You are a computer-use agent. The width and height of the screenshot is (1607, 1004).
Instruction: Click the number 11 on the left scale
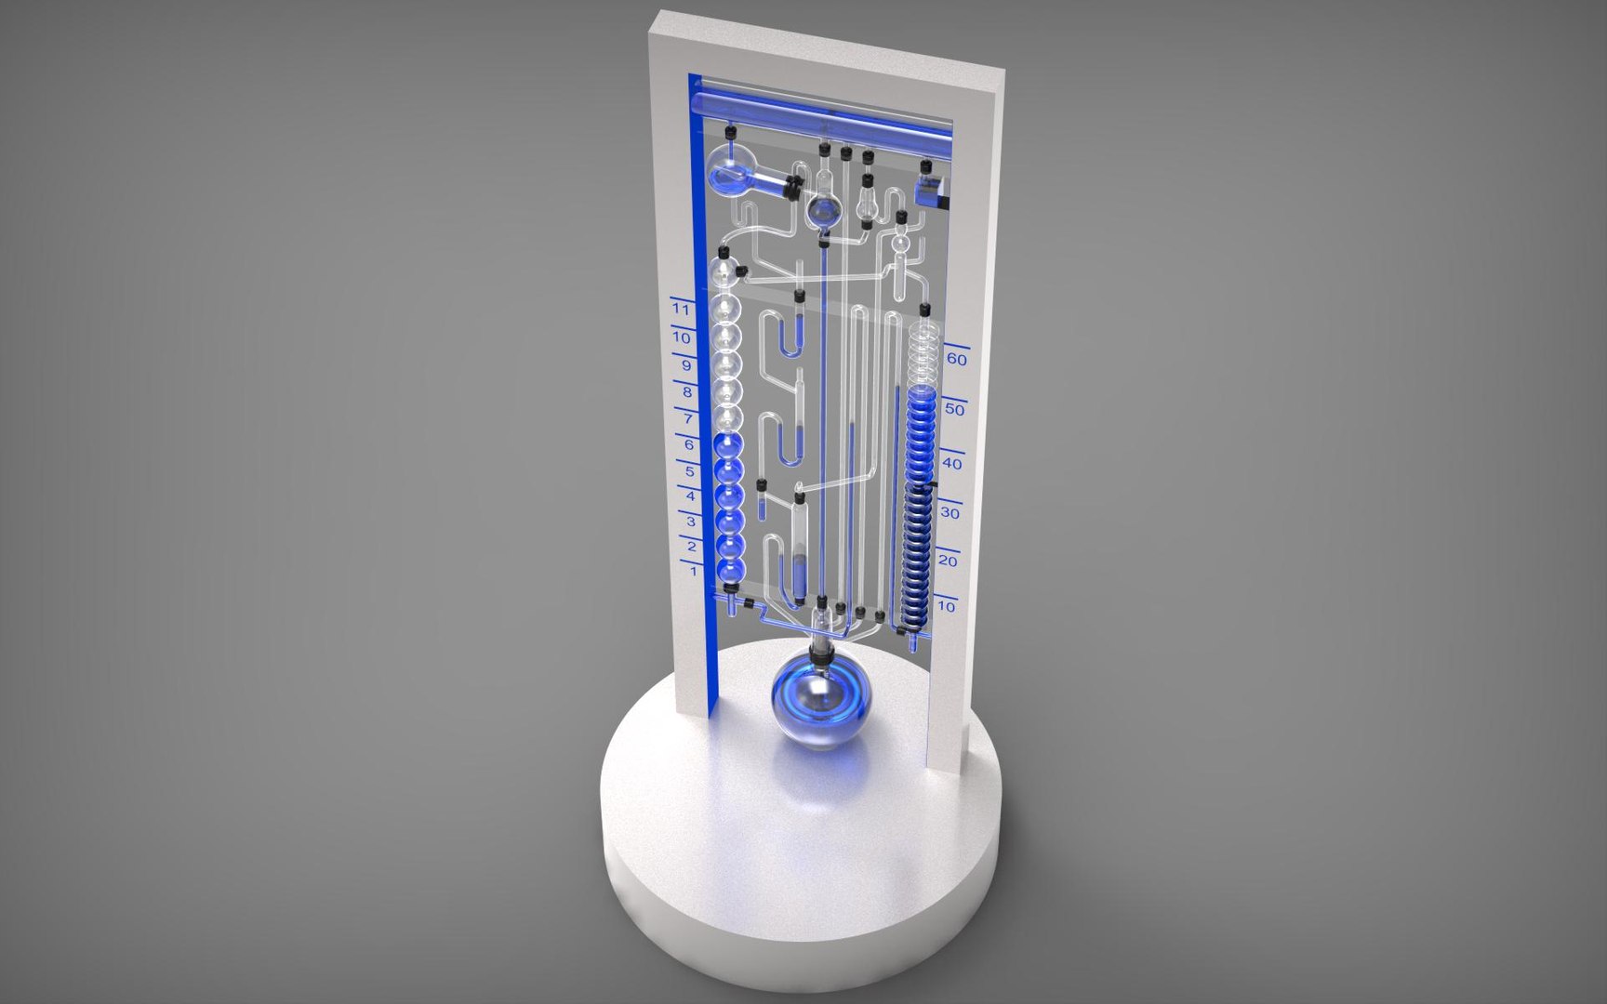[x=681, y=309]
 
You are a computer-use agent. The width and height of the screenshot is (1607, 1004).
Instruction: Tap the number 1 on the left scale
[x=694, y=571]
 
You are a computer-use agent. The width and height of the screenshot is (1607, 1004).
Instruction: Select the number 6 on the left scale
[x=689, y=445]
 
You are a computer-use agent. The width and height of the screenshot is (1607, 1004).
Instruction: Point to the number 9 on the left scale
[x=686, y=365]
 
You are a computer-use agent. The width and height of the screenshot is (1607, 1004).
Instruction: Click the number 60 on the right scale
[x=956, y=359]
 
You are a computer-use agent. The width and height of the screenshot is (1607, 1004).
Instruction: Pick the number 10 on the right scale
[x=946, y=606]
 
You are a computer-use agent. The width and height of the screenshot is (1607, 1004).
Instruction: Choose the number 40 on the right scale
[x=951, y=462]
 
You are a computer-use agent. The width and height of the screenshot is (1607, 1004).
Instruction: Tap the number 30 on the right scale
[x=950, y=512]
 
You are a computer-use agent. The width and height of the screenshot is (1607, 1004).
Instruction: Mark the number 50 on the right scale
[x=954, y=409]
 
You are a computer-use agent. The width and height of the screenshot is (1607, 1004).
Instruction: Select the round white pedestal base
[x=800, y=883]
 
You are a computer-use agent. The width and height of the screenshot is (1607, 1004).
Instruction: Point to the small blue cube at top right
[x=931, y=193]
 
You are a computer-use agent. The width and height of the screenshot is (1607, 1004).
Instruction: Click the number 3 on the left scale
[x=692, y=522]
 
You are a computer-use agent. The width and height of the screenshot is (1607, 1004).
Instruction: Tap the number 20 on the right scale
[x=948, y=561]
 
